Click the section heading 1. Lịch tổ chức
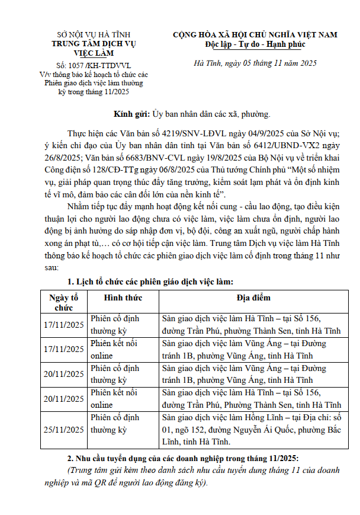point(150,281)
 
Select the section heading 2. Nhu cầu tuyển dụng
point(184,459)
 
